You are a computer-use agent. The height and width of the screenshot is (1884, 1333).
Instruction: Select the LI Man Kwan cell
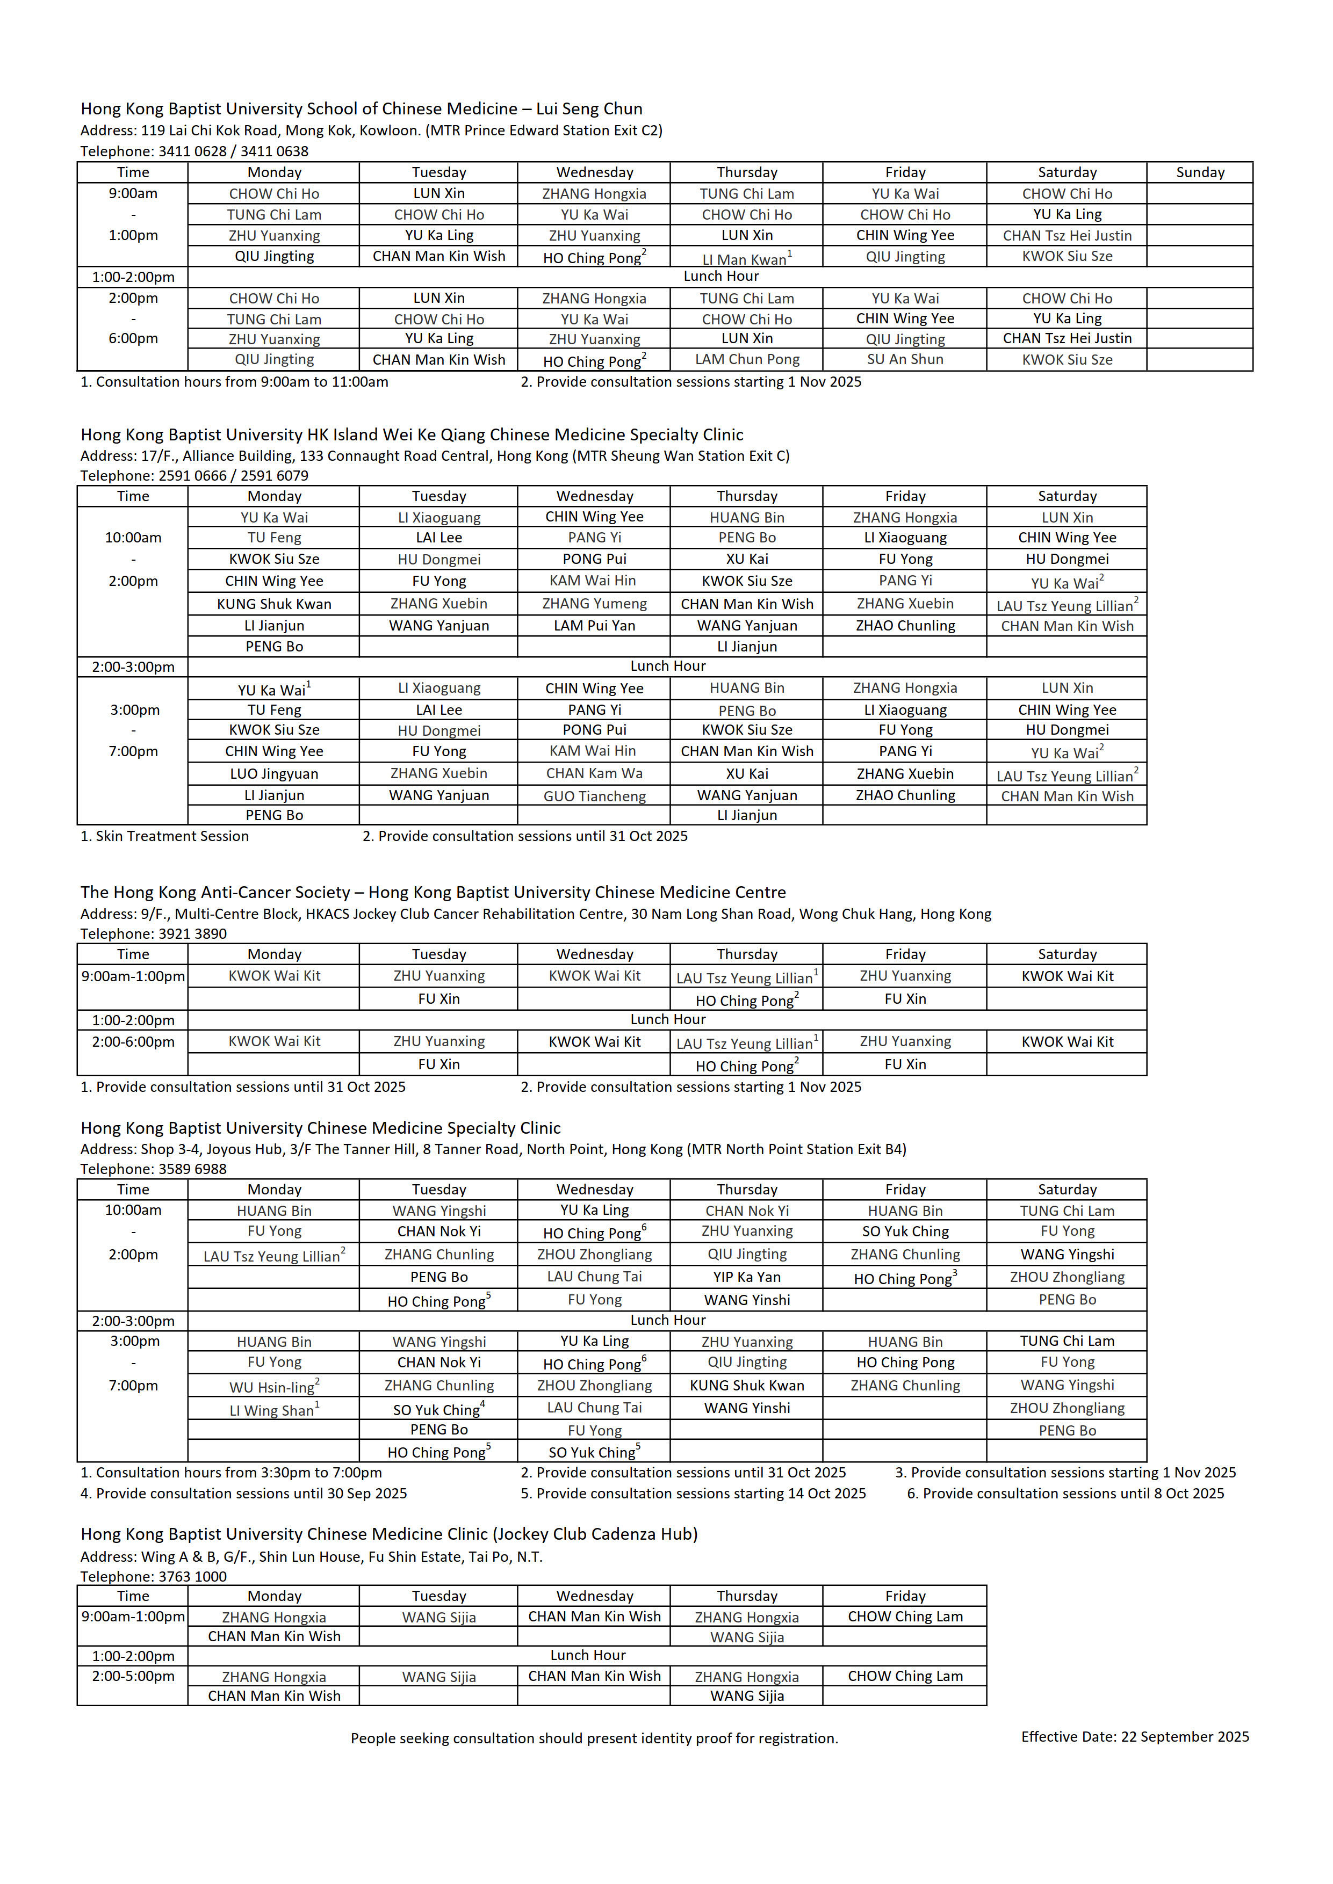746,258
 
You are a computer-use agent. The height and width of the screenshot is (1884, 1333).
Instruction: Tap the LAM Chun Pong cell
746,359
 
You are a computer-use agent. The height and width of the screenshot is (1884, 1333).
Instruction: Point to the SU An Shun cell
905,359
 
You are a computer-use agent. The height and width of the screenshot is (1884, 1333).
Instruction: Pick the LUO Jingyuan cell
273,774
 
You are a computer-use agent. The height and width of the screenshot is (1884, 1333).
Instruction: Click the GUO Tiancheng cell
594,796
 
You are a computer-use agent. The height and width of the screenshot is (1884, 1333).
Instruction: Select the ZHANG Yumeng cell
594,604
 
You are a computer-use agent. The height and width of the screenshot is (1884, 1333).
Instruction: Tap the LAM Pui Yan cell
594,625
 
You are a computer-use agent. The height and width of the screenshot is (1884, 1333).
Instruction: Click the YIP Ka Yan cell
746,1277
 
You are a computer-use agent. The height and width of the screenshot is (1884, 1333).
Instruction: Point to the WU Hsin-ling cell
273,1387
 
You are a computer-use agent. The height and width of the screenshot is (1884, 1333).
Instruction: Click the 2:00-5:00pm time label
133,1676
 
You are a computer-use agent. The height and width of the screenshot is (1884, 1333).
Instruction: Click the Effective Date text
1134,1736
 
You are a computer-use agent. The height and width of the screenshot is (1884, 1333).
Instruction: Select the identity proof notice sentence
594,1738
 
